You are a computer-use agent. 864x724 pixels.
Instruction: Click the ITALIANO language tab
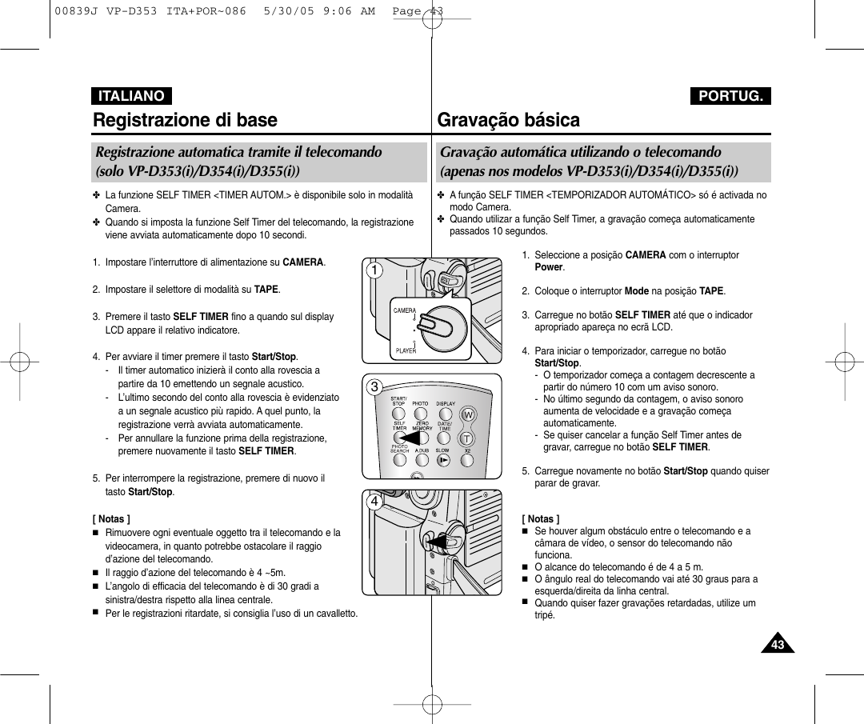(131, 96)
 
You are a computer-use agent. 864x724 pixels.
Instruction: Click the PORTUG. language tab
(730, 96)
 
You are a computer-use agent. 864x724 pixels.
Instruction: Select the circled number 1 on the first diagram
(373, 270)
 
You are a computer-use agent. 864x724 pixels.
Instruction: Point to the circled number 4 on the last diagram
(373, 502)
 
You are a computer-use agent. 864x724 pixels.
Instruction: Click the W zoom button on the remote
(468, 414)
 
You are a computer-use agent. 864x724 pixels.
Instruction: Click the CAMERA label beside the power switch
(404, 310)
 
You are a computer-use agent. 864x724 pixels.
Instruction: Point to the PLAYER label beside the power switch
(406, 350)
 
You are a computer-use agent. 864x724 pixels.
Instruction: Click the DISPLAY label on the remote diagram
(446, 404)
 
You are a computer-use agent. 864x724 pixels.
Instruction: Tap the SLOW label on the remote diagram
(442, 450)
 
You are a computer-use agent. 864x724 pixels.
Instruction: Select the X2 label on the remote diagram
(468, 450)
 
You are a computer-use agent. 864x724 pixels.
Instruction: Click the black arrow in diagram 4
(436, 542)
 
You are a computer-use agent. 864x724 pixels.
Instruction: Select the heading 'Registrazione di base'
(185, 120)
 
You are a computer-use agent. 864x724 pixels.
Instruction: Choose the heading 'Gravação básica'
(509, 120)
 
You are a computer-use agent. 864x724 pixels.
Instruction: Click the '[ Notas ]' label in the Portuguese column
(541, 519)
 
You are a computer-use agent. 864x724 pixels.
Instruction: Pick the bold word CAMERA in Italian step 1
(302, 262)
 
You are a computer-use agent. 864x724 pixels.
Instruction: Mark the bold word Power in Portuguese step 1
(549, 267)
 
